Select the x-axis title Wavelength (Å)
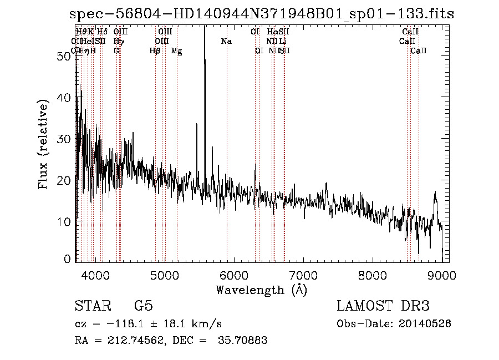[x=261, y=290]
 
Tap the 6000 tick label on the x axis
[x=234, y=275]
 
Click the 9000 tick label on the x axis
[x=442, y=275]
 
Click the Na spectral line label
[x=226, y=42]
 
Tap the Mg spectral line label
[x=176, y=51]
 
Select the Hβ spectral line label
[x=155, y=51]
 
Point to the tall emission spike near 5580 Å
[x=205, y=61]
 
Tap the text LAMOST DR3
[x=383, y=306]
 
